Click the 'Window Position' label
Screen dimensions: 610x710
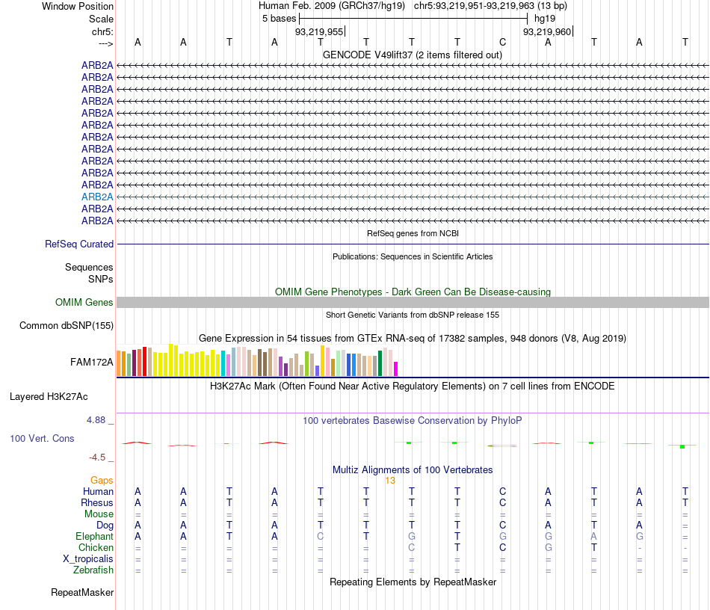(x=78, y=6)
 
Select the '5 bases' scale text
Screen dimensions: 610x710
(x=279, y=18)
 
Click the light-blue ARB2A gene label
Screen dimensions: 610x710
(x=97, y=197)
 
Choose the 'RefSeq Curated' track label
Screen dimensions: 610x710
(x=79, y=244)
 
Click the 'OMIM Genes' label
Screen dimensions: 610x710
(x=84, y=303)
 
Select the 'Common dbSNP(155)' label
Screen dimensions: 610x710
(x=67, y=325)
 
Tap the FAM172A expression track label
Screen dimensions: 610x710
(x=92, y=363)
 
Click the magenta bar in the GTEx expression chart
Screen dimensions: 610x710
(x=396, y=369)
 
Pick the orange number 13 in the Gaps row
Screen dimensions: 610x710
(x=389, y=481)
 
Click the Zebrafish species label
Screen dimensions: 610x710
(x=93, y=570)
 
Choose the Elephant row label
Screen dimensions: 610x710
(x=94, y=537)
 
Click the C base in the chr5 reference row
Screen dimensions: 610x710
(x=503, y=42)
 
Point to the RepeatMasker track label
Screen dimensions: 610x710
(x=82, y=593)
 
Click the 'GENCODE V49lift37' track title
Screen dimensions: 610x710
(x=412, y=55)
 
